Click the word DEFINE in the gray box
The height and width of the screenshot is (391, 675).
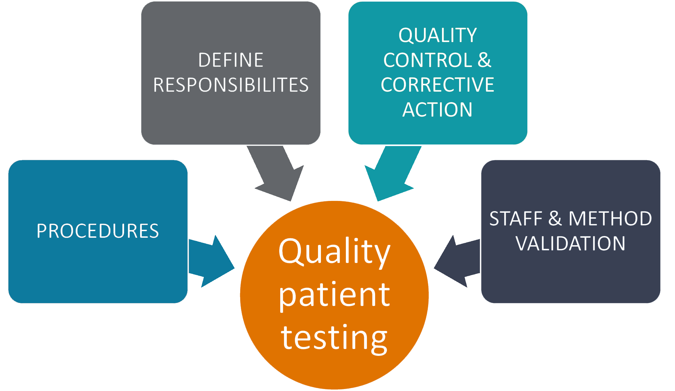point(231,60)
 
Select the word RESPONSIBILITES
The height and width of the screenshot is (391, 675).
point(231,85)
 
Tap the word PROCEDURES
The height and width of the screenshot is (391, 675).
point(98,231)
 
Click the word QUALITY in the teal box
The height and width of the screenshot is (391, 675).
point(438,35)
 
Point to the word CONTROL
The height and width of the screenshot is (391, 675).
point(428,60)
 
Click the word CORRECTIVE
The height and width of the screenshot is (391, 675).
point(437,85)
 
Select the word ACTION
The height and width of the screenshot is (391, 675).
point(437,110)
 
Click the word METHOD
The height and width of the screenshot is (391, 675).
point(610,219)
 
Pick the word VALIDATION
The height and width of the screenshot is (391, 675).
point(571,244)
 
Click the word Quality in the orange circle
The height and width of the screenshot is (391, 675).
point(334,252)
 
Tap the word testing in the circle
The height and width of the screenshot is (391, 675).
point(334,338)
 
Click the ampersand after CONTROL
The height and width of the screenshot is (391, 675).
point(485,60)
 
